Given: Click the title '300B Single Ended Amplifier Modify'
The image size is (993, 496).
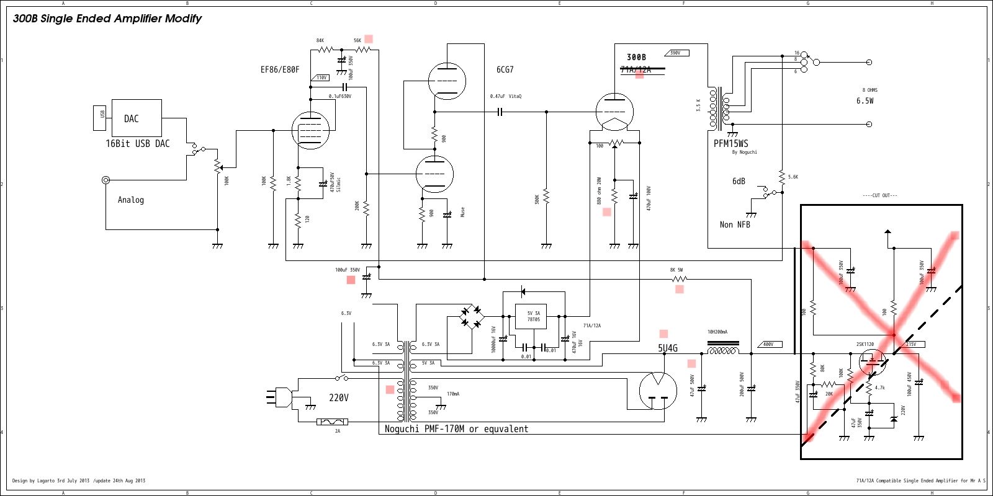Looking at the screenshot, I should tap(107, 19).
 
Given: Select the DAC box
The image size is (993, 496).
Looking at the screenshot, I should tap(137, 118).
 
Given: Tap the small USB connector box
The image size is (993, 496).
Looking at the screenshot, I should tap(99, 118).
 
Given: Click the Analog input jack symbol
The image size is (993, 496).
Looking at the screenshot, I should tap(106, 180).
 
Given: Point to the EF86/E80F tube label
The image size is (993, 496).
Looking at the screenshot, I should tap(280, 69).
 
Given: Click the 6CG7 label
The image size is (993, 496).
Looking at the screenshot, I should tap(505, 69).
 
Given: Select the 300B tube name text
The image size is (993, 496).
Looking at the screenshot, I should tap(636, 57).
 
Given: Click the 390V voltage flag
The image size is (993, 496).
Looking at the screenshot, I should tap(676, 53).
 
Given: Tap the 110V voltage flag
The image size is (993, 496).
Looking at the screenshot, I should tap(320, 77).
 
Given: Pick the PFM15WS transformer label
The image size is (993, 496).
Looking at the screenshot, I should tap(730, 143).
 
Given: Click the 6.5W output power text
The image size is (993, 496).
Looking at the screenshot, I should tap(865, 100).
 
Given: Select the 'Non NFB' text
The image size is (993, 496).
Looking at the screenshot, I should tap(735, 224).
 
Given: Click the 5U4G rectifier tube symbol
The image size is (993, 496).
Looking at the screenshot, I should tap(658, 391).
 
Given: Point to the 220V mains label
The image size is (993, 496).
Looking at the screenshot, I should tap(338, 397).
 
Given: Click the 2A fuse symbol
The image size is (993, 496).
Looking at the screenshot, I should tap(332, 422).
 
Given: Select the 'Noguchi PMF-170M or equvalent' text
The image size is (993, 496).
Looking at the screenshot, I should tap(456, 428).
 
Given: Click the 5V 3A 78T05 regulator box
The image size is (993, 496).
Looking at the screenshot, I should tap(533, 316).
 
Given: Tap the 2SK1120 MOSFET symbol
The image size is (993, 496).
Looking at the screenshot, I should tap(872, 361).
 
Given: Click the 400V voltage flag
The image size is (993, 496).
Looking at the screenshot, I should tap(770, 344).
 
